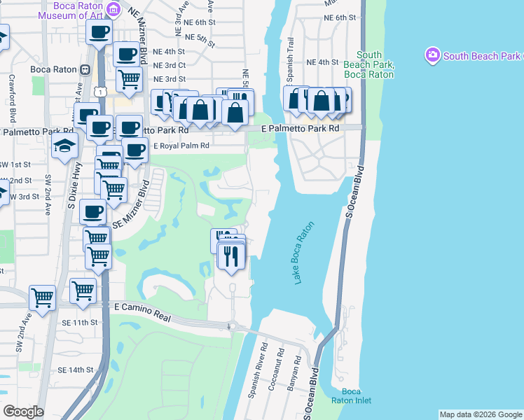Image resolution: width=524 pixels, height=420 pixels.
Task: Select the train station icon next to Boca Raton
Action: [x=85, y=69]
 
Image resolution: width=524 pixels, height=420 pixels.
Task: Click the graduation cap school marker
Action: [x=64, y=146]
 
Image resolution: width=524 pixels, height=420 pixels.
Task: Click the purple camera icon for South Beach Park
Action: [x=432, y=54]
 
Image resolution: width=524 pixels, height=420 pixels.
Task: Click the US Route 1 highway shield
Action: [x=102, y=92]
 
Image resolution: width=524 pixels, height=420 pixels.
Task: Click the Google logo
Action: [x=24, y=412]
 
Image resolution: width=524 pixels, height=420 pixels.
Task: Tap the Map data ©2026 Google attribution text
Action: [x=480, y=414]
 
